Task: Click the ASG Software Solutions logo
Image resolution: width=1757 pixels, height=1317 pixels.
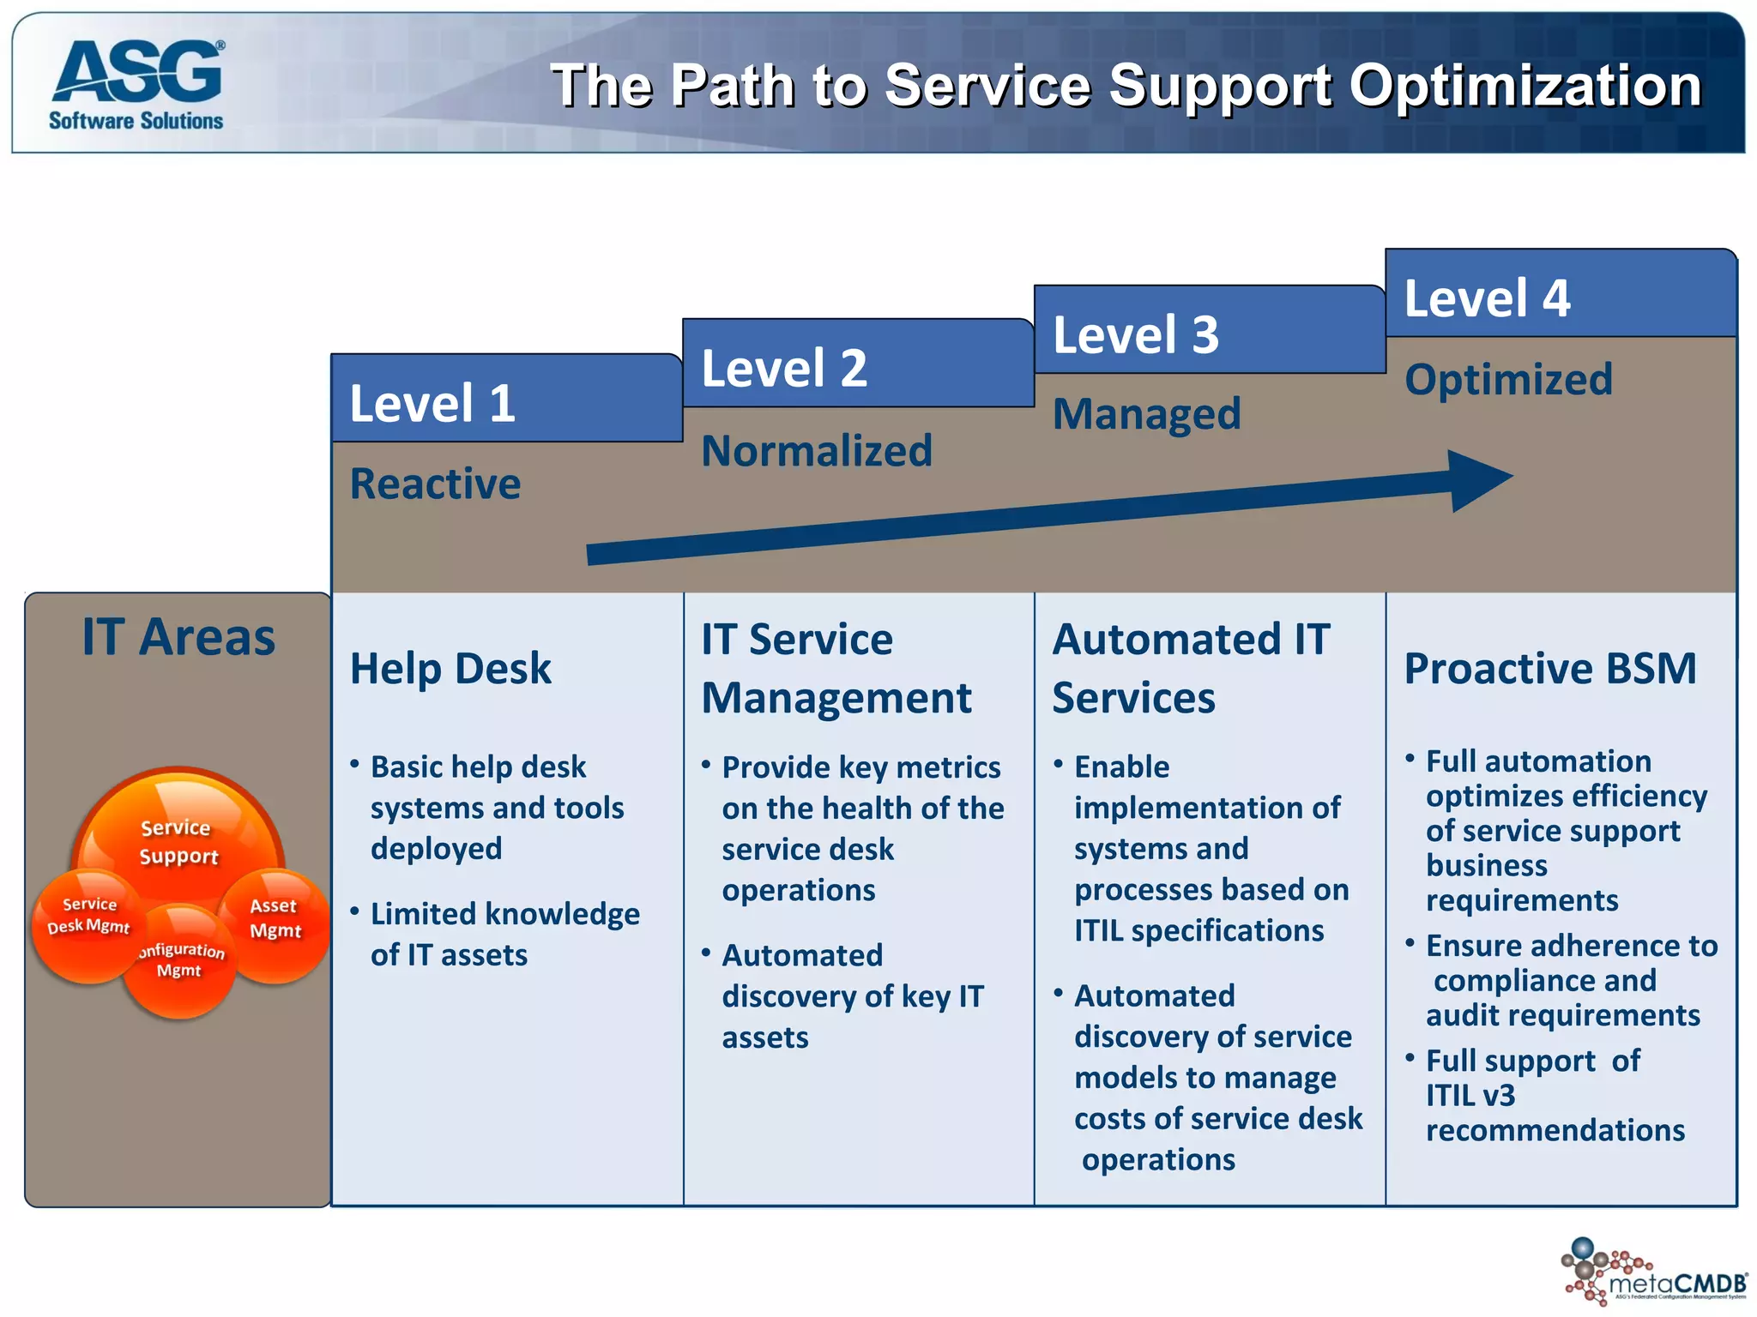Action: [x=137, y=83]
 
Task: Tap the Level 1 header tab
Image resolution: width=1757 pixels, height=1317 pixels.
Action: [x=506, y=400]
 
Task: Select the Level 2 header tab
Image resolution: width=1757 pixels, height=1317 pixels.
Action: [x=858, y=365]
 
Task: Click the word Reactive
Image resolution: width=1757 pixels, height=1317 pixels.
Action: [x=435, y=484]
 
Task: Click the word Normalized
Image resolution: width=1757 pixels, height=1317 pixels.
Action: [x=816, y=450]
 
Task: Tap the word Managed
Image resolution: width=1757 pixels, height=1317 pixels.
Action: [x=1146, y=414]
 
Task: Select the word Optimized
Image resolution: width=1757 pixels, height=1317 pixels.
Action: [x=1508, y=379]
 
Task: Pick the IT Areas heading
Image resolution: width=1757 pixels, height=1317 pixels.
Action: [x=178, y=637]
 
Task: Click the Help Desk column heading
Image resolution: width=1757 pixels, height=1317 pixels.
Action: [x=450, y=668]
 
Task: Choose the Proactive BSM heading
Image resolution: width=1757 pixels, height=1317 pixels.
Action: [x=1550, y=668]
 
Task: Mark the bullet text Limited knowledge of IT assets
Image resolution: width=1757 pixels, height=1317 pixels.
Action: [x=504, y=934]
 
